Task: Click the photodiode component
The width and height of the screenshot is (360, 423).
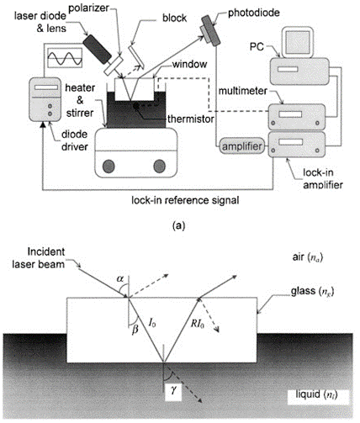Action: click(210, 30)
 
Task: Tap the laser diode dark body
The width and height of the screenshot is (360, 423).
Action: click(97, 49)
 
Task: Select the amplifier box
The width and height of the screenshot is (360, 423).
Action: click(241, 146)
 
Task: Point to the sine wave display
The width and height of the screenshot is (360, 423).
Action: click(65, 58)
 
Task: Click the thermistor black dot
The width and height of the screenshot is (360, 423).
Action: click(136, 106)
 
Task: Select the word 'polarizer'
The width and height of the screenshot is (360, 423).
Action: click(88, 8)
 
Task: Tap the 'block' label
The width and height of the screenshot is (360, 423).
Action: click(174, 19)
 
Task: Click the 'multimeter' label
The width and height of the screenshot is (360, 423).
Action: click(243, 91)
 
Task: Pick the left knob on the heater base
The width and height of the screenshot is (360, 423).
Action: click(109, 167)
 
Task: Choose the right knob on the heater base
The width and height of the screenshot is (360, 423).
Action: click(160, 167)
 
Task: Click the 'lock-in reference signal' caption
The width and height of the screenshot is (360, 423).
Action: click(185, 200)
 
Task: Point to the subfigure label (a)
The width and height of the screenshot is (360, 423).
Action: click(179, 225)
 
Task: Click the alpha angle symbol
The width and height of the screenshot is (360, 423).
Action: click(120, 278)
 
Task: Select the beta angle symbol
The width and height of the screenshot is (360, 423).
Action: click(135, 330)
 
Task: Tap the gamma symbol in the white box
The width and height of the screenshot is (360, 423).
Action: click(174, 389)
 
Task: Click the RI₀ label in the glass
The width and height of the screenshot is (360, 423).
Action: click(197, 324)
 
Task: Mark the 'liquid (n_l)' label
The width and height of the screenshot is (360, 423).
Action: click(317, 394)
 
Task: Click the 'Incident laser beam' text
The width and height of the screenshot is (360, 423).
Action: click(39, 258)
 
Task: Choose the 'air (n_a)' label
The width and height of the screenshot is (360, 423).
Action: click(308, 257)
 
